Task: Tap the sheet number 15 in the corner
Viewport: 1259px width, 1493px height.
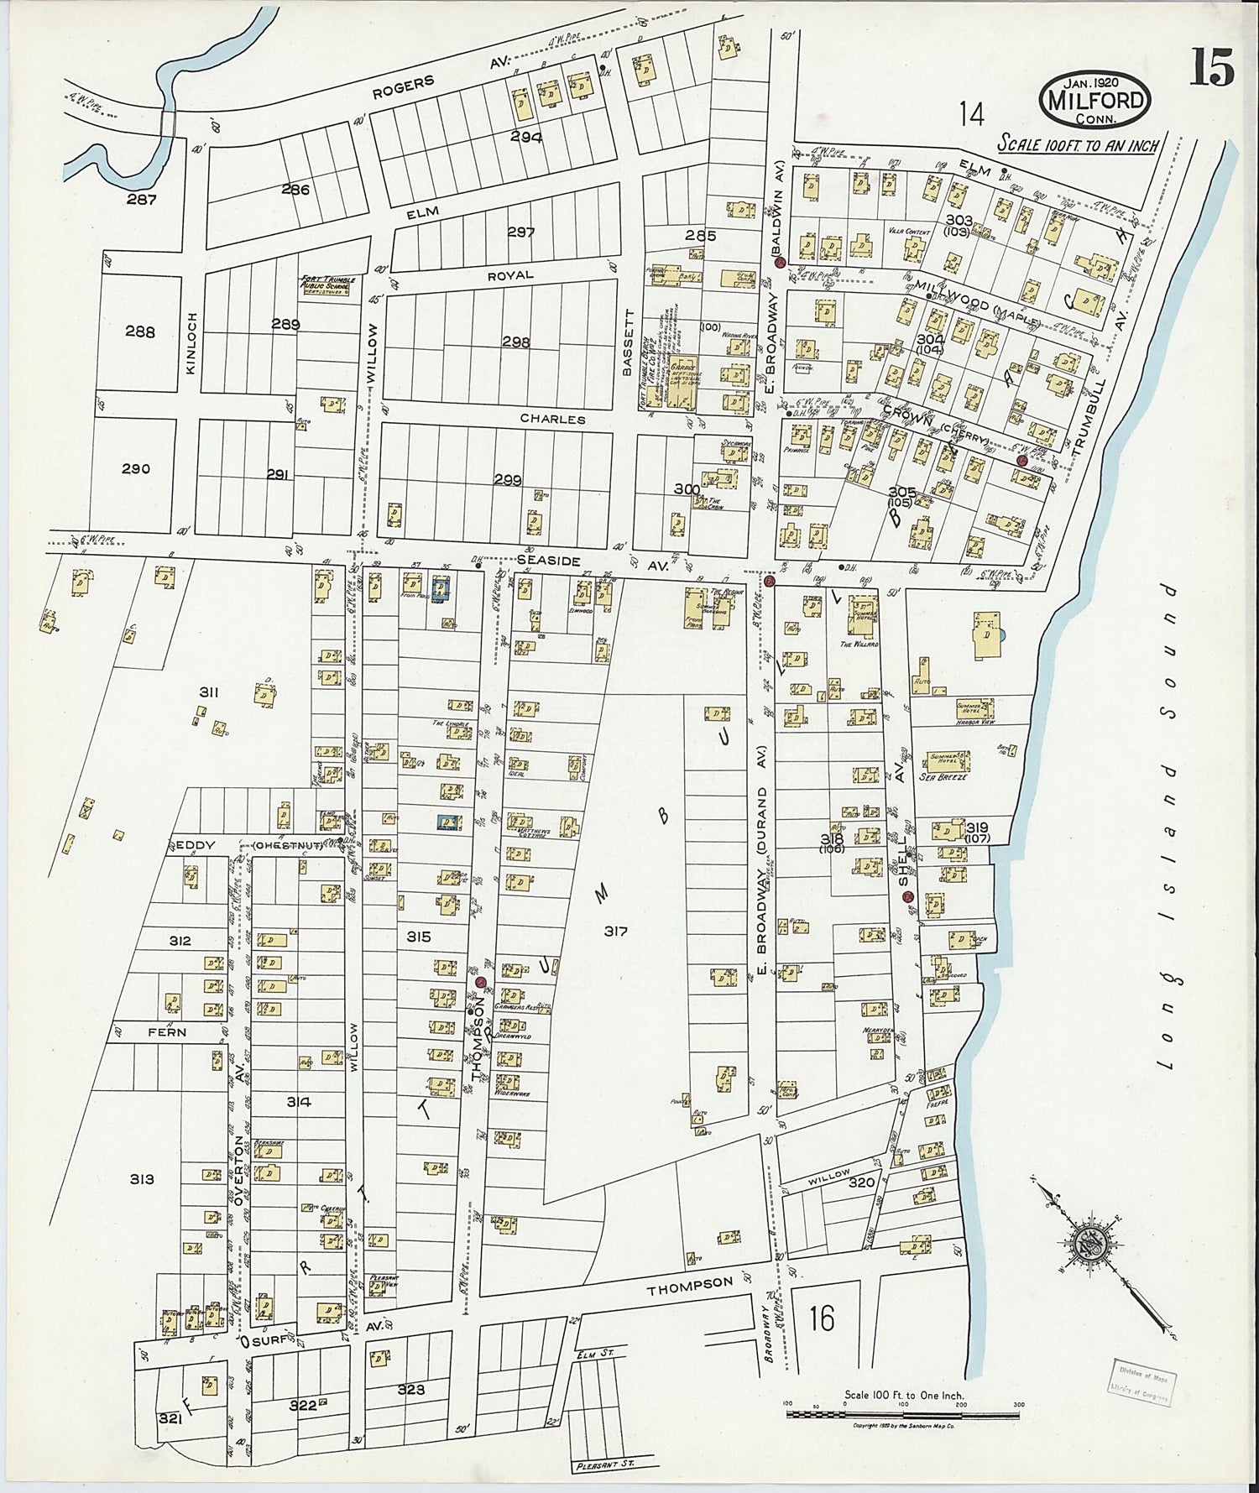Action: click(1211, 67)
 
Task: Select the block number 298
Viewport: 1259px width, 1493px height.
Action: click(516, 342)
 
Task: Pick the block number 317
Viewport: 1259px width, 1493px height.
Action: click(615, 931)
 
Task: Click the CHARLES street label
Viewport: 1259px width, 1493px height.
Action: click(552, 418)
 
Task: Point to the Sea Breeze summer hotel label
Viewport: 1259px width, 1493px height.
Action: click(943, 777)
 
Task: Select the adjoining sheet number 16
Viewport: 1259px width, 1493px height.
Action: click(822, 1319)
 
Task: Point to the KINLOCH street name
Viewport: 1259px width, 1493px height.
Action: click(192, 342)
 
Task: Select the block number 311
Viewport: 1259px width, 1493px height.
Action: click(209, 692)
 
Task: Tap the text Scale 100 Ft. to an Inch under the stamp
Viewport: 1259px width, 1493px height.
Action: click(1077, 144)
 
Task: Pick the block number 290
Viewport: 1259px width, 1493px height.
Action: click(135, 468)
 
